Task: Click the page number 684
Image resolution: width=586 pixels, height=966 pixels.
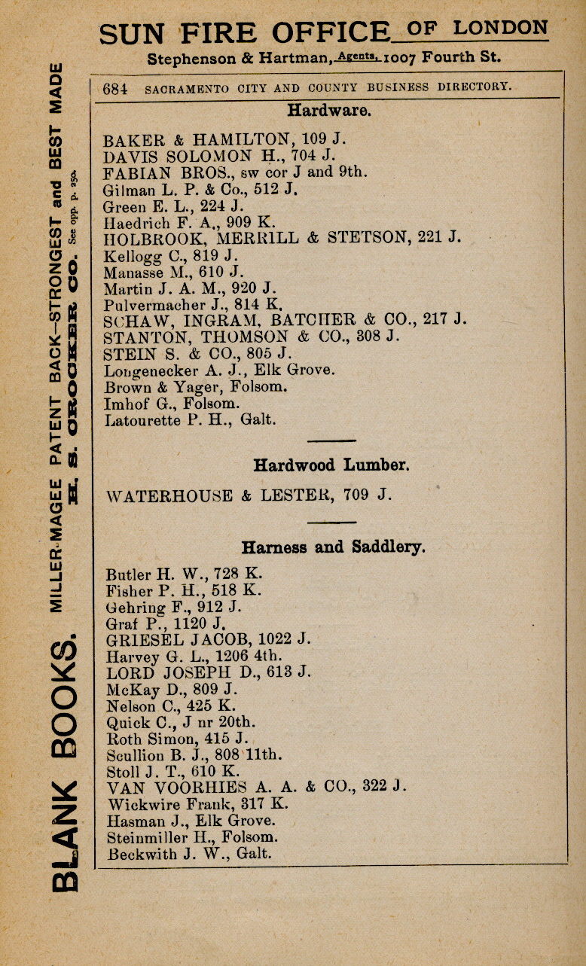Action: [115, 88]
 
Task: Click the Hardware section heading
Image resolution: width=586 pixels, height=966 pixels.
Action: [328, 111]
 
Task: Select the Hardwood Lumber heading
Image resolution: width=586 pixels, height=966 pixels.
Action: [331, 465]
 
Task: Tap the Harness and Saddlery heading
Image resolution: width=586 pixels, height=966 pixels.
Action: [332, 547]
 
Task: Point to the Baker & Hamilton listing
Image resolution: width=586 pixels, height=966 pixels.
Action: [213, 139]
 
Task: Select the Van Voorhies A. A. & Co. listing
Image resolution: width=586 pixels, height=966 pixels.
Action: [256, 787]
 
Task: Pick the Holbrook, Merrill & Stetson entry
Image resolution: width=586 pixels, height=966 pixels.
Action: [282, 239]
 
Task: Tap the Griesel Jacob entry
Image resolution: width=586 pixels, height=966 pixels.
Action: [209, 639]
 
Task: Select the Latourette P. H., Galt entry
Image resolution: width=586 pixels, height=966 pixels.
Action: [185, 421]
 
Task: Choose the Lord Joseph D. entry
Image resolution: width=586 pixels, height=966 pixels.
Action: [209, 672]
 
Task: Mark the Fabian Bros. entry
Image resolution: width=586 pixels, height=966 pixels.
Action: [235, 172]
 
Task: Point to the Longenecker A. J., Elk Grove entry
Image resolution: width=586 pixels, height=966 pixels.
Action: [218, 370]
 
